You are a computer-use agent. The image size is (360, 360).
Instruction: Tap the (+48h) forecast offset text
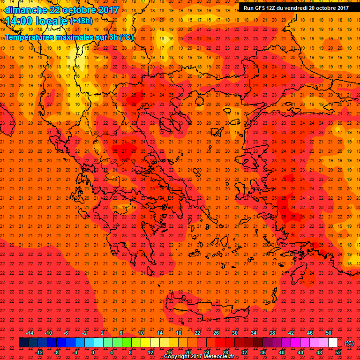(x=81, y=21)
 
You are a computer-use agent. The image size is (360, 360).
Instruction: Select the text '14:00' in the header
(x=18, y=21)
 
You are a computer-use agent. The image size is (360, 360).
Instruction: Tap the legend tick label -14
(x=30, y=333)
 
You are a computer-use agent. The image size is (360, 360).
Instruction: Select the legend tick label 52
(x=337, y=352)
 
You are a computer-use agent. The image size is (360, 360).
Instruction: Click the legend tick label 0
(x=93, y=352)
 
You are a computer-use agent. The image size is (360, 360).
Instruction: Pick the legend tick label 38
(x=272, y=333)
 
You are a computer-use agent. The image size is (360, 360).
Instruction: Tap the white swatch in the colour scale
(x=333, y=343)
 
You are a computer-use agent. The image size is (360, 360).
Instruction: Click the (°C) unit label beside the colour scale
(x=349, y=343)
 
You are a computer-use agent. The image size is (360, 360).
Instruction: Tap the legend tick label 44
(x=300, y=352)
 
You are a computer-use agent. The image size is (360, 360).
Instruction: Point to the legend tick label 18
(x=179, y=333)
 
